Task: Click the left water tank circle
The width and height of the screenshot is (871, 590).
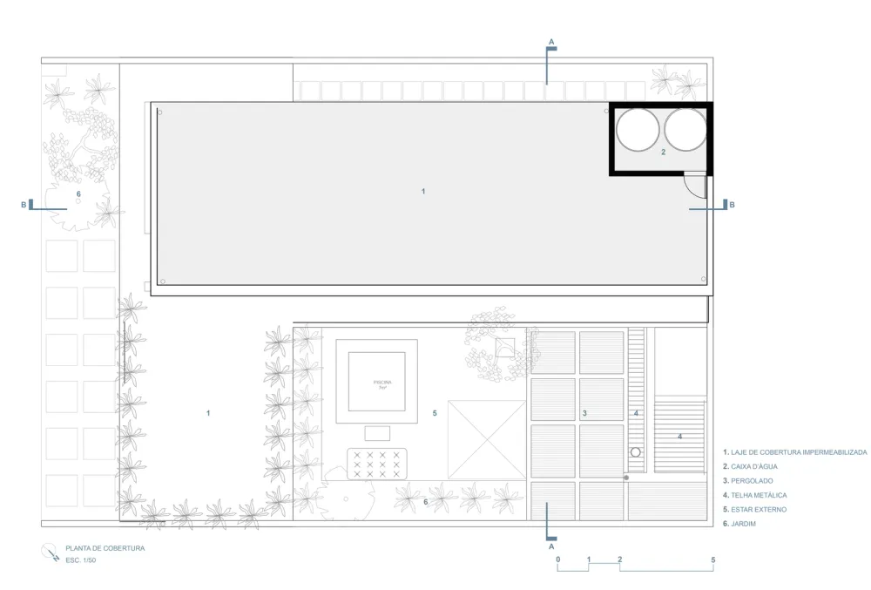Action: point(638,130)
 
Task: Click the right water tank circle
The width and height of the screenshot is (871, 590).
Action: point(685,130)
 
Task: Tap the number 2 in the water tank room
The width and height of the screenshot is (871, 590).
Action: point(663,152)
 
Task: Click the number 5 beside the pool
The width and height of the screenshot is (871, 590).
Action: point(434,412)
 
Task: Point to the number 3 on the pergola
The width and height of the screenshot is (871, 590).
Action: point(584,412)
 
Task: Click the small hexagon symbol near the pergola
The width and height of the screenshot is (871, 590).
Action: point(636,452)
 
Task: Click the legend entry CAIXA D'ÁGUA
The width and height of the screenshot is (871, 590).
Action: point(753,467)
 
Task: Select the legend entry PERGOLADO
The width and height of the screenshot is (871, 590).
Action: point(751,481)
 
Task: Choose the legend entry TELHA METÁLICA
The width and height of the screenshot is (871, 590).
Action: point(757,495)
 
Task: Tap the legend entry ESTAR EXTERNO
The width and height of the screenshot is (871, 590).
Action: point(757,509)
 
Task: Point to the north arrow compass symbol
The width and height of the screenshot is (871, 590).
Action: point(49,552)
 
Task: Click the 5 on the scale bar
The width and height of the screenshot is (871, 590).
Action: point(712,559)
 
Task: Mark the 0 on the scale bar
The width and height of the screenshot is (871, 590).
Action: point(557,559)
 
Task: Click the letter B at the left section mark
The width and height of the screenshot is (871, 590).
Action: point(24,205)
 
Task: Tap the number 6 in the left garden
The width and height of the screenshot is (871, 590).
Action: point(78,193)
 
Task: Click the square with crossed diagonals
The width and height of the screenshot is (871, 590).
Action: point(487,440)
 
